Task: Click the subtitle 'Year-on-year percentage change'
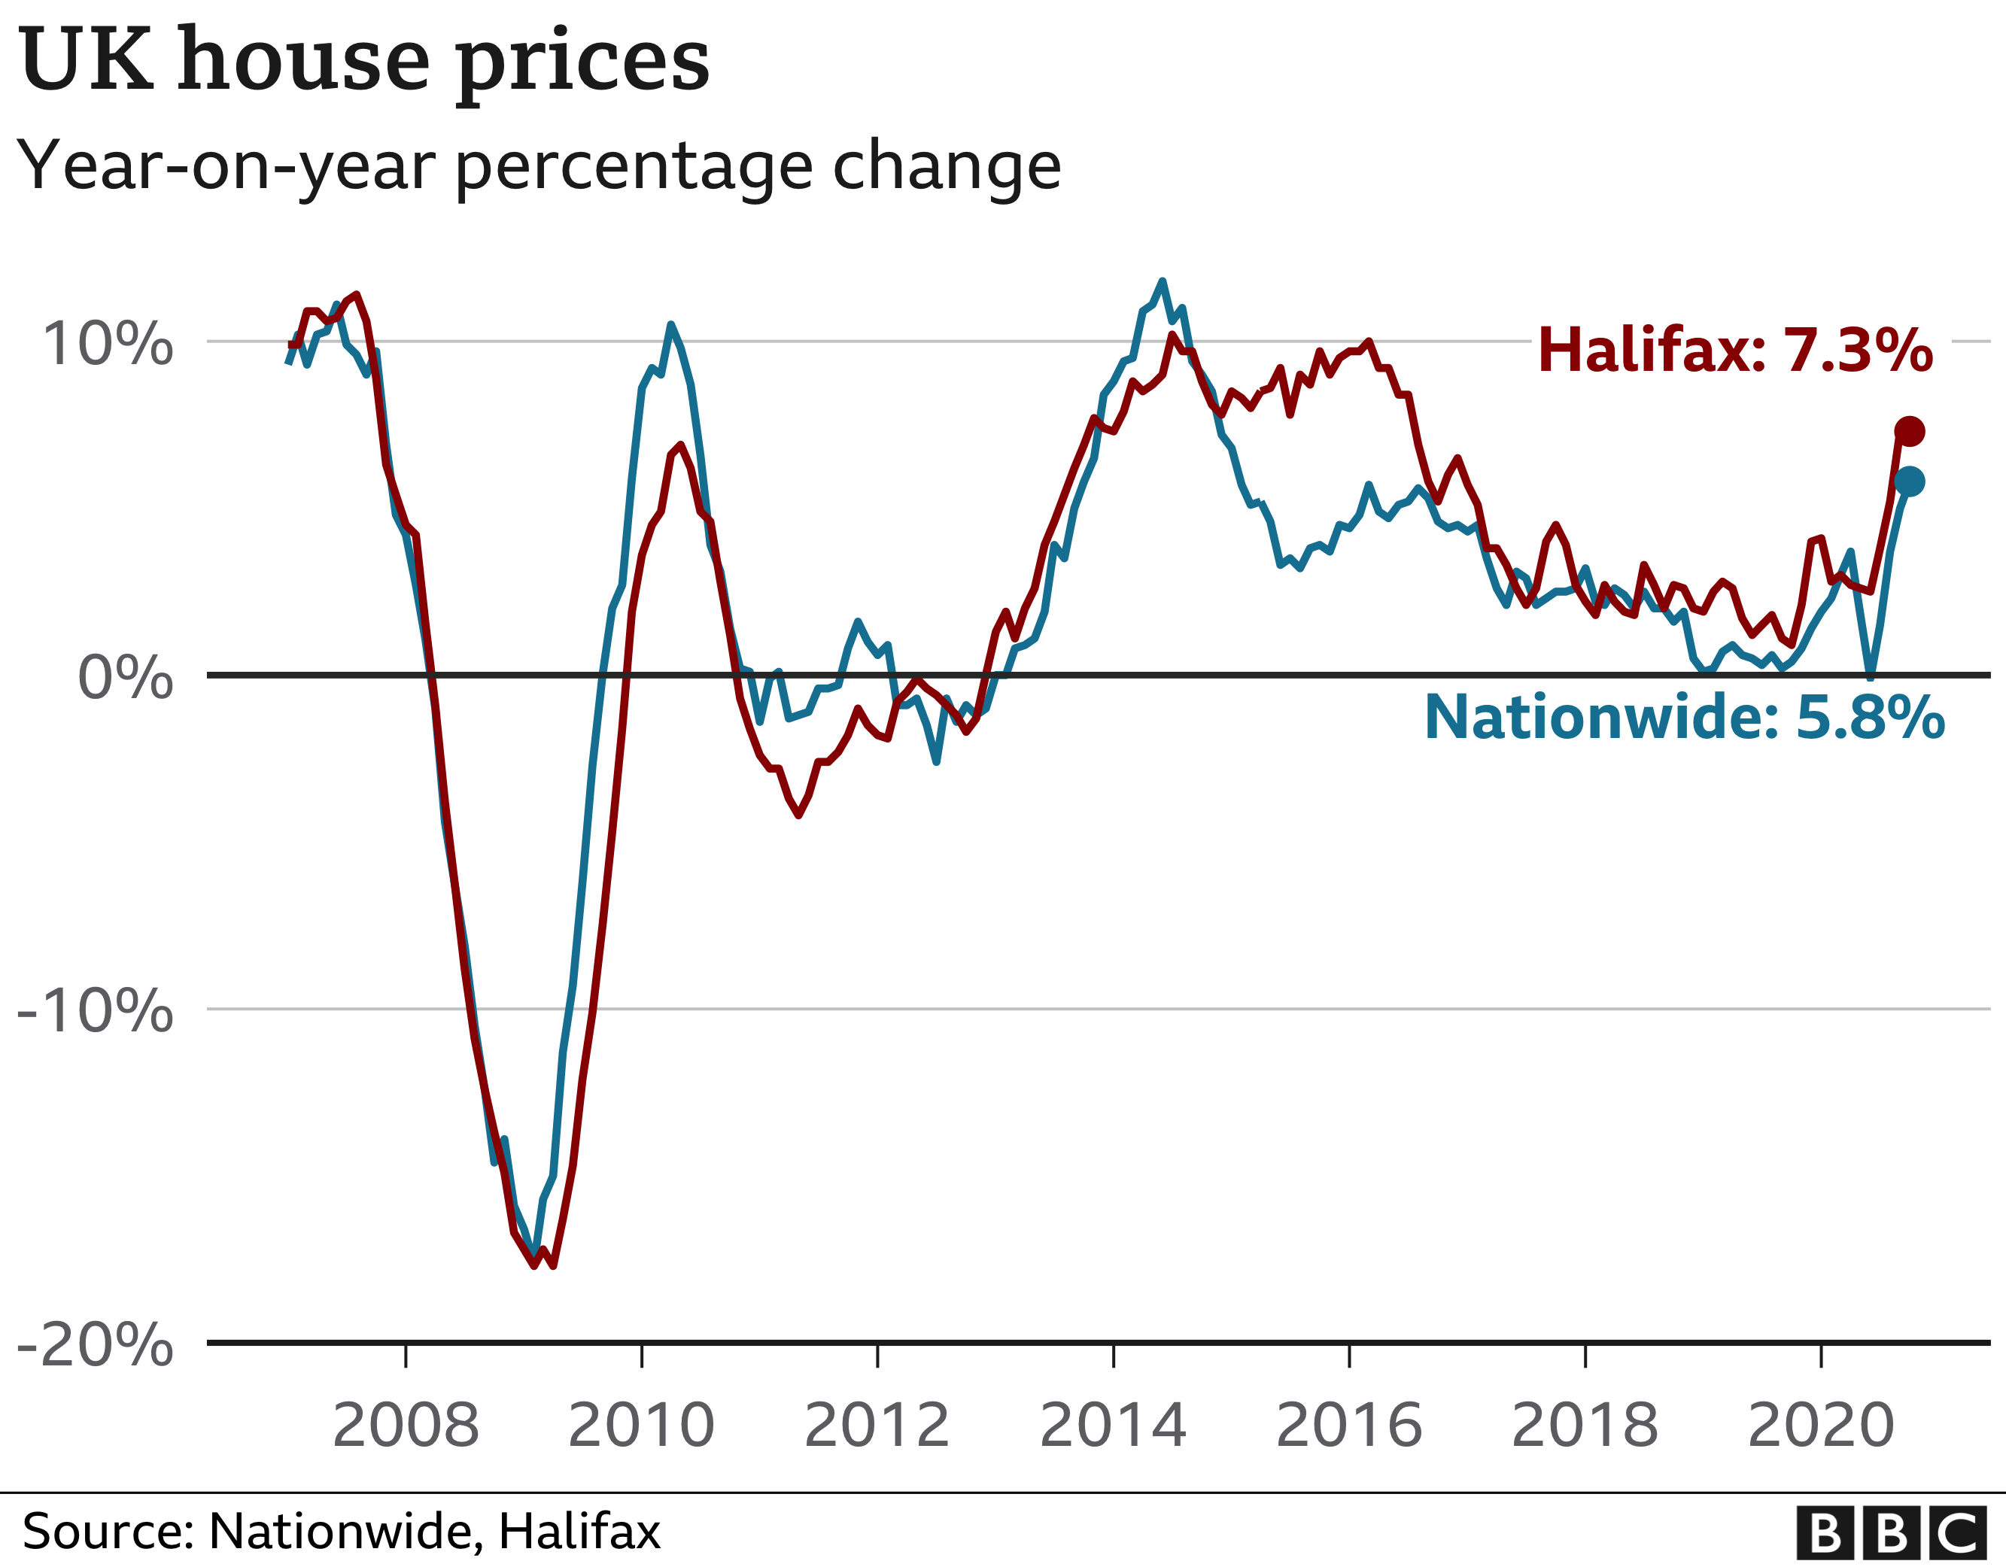point(539,166)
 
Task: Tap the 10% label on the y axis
point(108,344)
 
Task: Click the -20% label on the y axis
point(96,1346)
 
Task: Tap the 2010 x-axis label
point(641,1426)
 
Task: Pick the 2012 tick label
point(877,1426)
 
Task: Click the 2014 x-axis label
point(1113,1426)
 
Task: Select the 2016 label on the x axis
point(1349,1426)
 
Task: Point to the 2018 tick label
point(1585,1426)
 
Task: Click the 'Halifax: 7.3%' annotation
point(1735,350)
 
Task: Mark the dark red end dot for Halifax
point(1910,431)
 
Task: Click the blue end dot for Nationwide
point(1910,481)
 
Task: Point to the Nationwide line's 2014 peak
point(1163,282)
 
